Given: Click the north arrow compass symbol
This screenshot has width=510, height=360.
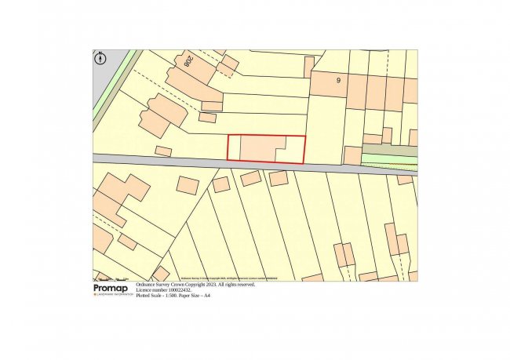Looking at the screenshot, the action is (100, 57).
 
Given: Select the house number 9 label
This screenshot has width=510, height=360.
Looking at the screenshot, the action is (339, 79).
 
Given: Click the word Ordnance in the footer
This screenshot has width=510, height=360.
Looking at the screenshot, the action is (149, 285).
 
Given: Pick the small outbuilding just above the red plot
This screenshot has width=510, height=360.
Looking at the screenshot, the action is (207, 118).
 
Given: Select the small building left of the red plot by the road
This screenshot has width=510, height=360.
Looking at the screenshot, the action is (163, 151).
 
